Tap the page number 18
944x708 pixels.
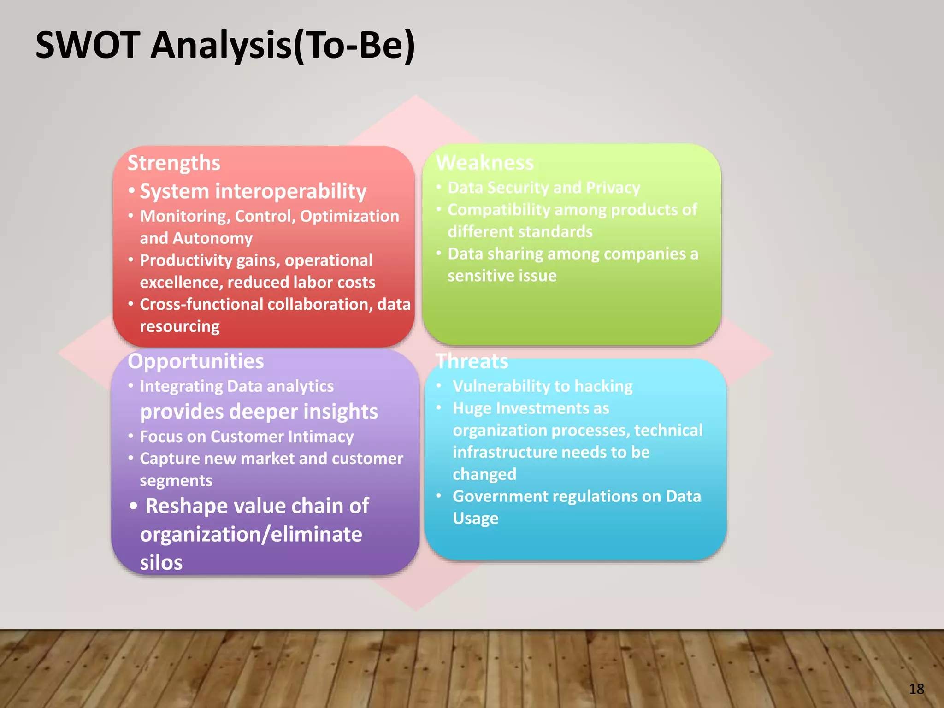(916, 689)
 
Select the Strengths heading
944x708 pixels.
(174, 163)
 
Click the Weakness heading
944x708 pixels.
(485, 163)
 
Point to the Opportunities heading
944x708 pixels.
(195, 361)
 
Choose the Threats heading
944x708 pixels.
(472, 361)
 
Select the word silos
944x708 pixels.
(161, 563)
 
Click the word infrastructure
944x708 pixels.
(505, 452)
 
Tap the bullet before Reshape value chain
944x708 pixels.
(133, 506)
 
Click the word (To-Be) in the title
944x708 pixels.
(354, 46)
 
